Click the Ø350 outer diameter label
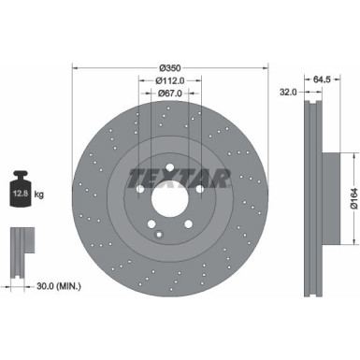coord(169,67)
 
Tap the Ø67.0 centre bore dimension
coord(169,94)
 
